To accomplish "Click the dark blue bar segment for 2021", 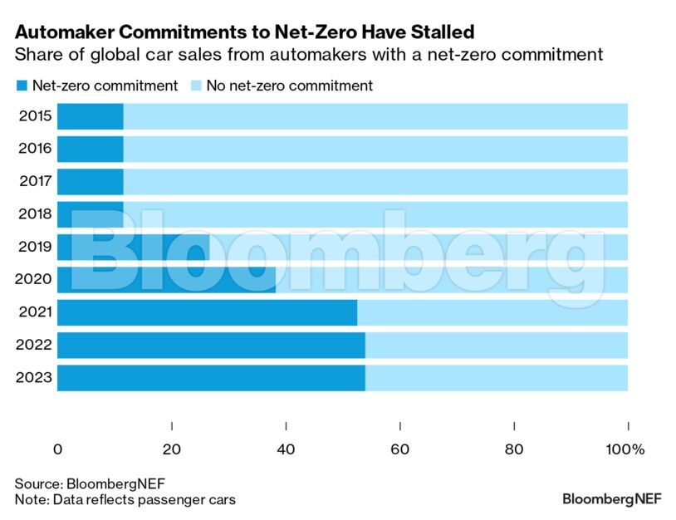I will coord(207,312).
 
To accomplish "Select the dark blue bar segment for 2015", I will coord(91,116).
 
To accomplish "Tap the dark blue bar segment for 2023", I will coord(211,378).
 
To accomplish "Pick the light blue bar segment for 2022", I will coord(496,345).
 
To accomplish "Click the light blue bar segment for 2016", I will coord(375,149).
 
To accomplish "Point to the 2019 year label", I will coord(35,247).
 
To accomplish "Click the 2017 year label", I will coord(35,182).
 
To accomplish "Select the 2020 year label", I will coord(35,280).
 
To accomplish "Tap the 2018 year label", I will coord(35,214).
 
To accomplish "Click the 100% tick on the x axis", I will coord(626,449).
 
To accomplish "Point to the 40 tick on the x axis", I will coord(286,449).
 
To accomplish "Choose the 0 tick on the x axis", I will coord(57,449).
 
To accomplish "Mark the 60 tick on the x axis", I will coord(400,449).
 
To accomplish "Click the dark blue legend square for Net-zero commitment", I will coord(21,86).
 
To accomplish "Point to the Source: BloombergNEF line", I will coord(84,483).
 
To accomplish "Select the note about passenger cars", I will coord(125,499).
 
